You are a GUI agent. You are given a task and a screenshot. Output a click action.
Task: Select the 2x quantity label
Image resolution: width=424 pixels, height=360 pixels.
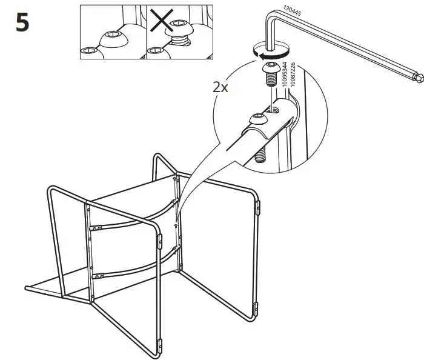220,87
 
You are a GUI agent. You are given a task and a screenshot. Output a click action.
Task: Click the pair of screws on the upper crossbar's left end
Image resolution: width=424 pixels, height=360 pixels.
96,228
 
